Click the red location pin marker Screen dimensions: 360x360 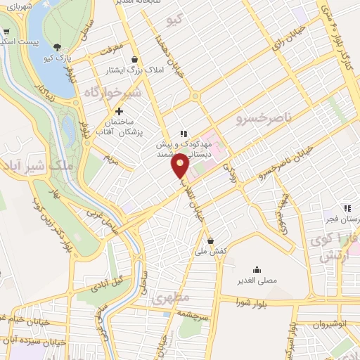(x=181, y=166)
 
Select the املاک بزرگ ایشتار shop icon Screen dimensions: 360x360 (x=134, y=59)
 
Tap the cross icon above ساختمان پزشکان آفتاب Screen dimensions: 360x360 (x=119, y=111)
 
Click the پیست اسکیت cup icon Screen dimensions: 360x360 (x=6, y=32)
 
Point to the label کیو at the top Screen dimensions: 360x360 (x=174, y=21)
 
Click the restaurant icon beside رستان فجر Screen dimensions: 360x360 (x=347, y=207)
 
